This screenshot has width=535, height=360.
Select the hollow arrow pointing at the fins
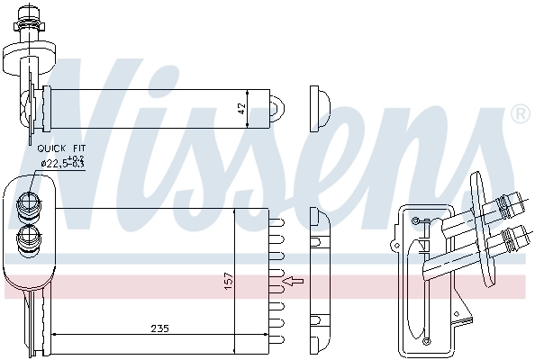[294, 283]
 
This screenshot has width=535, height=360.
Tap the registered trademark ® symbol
[520, 113]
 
